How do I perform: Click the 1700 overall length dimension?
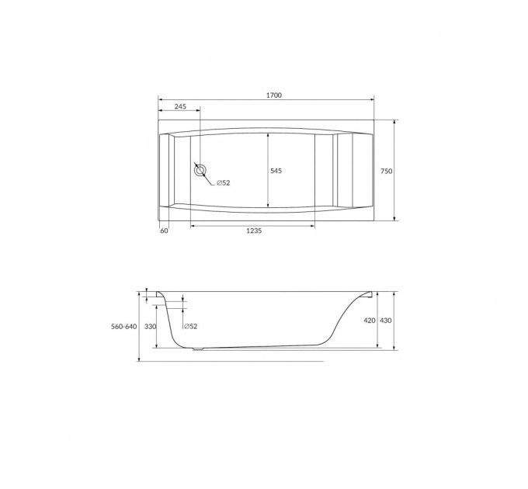click(274, 95)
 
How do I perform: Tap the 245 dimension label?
click(180, 106)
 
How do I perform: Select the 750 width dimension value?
click(386, 171)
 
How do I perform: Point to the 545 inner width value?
click(276, 171)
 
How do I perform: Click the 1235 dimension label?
click(254, 231)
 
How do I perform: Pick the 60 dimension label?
click(164, 231)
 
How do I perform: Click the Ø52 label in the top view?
click(224, 182)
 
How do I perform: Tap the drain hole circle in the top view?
click(200, 171)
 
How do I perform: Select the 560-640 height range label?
click(124, 327)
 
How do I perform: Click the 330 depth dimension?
click(150, 327)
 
